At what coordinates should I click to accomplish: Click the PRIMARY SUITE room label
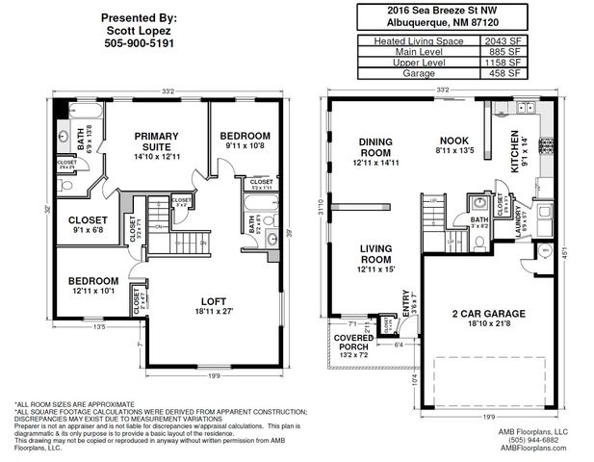coord(158,141)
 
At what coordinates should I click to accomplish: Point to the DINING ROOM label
coord(375,146)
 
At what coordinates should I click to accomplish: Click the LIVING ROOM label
coord(375,253)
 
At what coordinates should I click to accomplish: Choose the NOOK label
coord(454,140)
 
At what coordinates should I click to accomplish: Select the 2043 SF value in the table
coord(502,41)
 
